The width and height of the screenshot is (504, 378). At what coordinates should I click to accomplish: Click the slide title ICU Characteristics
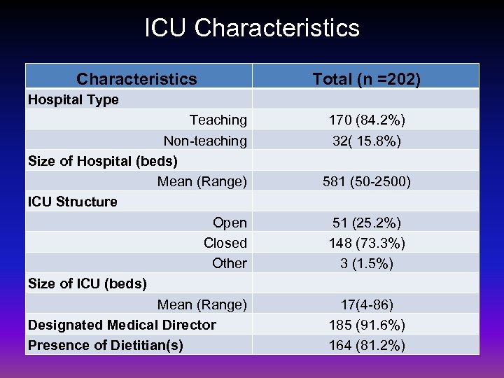[252, 28]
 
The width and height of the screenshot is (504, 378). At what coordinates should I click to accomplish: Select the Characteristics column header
[136, 79]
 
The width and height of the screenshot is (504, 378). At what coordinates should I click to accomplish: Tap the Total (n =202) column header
[366, 79]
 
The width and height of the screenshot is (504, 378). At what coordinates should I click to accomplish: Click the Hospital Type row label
[73, 99]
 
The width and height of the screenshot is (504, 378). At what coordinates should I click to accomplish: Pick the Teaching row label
[218, 120]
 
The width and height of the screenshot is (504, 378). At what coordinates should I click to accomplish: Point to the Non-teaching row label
[204, 141]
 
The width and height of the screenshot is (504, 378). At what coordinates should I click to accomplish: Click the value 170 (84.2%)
[366, 120]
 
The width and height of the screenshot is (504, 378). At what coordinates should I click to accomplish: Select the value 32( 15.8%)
[366, 141]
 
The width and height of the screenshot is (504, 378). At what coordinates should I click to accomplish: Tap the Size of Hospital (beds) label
[102, 161]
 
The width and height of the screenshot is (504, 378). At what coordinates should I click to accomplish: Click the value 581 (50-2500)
[366, 181]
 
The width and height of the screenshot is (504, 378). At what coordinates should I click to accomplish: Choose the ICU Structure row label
[72, 202]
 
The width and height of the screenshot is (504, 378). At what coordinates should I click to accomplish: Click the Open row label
[230, 223]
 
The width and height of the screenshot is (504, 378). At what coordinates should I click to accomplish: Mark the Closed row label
[225, 243]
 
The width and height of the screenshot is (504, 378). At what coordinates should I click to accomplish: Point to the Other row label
[229, 263]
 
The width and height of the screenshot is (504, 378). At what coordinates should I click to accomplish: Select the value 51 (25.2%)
[366, 223]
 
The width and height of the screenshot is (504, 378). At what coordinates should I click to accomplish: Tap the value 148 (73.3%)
[366, 243]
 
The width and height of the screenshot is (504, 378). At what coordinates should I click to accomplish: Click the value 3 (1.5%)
[366, 263]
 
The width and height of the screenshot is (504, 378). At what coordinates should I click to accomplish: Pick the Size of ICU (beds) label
[87, 283]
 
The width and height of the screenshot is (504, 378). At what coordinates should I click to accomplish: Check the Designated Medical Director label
[122, 325]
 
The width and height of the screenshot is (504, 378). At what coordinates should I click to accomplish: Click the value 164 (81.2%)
[366, 345]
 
